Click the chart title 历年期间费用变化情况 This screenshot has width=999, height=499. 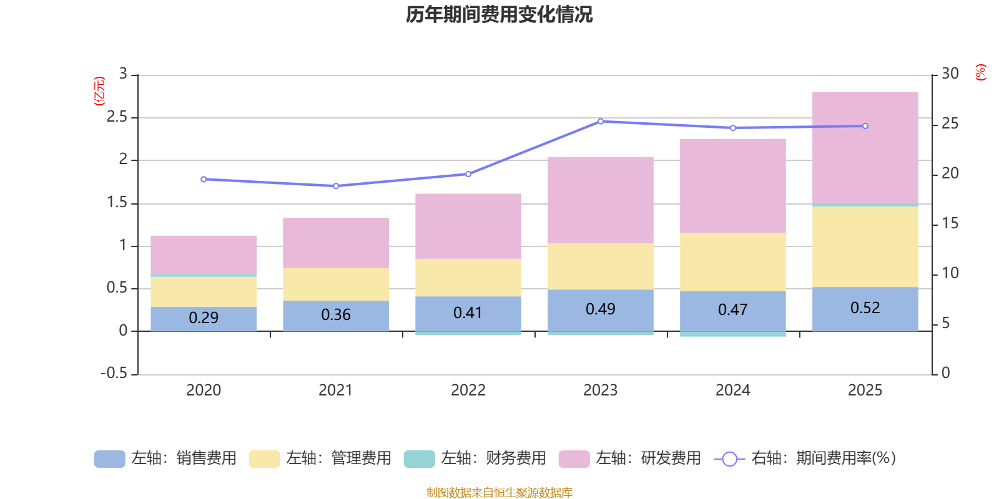click(x=499, y=14)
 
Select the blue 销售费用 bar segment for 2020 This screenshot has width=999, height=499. click(x=204, y=318)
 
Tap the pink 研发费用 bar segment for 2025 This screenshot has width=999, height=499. click(x=865, y=147)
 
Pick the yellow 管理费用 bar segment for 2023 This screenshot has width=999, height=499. click(x=600, y=266)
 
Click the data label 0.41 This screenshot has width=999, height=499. click(x=468, y=312)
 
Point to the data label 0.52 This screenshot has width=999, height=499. click(x=865, y=308)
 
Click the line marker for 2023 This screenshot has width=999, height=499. click(x=601, y=122)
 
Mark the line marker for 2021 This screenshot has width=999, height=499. click(x=336, y=186)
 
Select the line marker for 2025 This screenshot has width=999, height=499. click(x=865, y=126)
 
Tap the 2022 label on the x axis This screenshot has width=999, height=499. click(x=468, y=390)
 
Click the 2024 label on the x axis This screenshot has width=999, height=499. click(x=732, y=390)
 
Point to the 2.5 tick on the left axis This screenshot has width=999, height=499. click(x=117, y=117)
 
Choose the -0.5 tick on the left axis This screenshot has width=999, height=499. click(x=114, y=373)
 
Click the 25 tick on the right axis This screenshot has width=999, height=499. click(x=950, y=124)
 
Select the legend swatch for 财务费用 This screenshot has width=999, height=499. click(x=419, y=459)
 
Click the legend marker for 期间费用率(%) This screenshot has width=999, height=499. click(x=729, y=459)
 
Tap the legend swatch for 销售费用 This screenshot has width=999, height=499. click(x=109, y=459)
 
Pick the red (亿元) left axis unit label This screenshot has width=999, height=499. click(x=99, y=91)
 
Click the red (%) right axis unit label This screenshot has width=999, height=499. click(x=981, y=72)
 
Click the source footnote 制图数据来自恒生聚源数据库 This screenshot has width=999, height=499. click(x=499, y=493)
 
